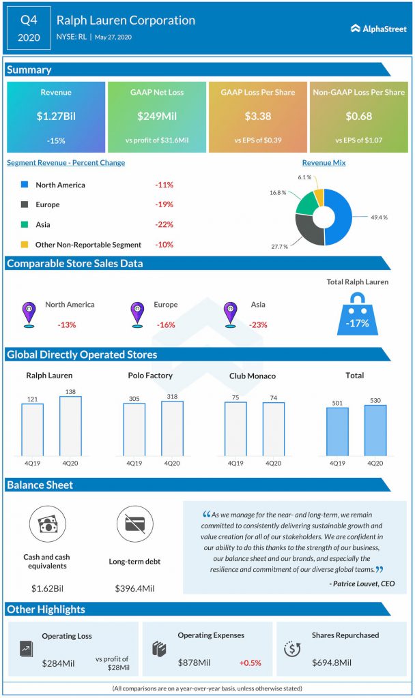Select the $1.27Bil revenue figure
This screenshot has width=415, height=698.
[x=56, y=116]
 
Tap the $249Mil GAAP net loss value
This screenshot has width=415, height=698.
[x=156, y=116]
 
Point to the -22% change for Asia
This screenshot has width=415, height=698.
[x=164, y=224]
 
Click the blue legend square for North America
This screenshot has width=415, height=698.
[x=24, y=184]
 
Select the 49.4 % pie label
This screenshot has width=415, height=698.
[x=380, y=217]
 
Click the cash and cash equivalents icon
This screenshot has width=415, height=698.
[x=47, y=525]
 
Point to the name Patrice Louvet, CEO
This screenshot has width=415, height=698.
[x=361, y=583]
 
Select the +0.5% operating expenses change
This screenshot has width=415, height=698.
[x=250, y=663]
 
